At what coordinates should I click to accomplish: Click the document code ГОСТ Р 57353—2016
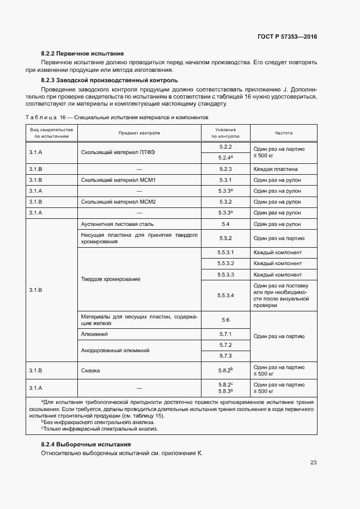[286, 37]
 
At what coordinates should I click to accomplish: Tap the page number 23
[313, 463]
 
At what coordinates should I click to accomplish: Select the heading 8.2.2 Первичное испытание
[83, 53]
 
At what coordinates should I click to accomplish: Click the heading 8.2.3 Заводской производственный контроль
[109, 80]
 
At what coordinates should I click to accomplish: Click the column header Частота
[283, 133]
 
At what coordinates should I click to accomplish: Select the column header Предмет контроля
[139, 133]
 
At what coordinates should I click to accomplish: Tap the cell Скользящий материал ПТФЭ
[118, 152]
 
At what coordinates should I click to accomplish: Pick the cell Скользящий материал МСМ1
[118, 180]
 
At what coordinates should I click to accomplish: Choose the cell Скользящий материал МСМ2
[118, 202]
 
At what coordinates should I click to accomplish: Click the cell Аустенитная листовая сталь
[117, 224]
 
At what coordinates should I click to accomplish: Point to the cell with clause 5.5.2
[225, 238]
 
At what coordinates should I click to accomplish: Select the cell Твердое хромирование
[111, 279]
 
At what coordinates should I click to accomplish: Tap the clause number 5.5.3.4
[225, 295]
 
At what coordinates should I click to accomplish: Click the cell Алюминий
[94, 334]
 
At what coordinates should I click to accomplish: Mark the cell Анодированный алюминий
[115, 351]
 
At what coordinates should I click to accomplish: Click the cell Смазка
[90, 371]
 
